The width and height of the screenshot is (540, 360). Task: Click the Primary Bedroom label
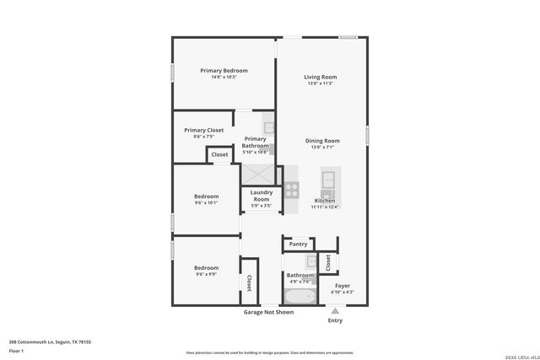[224, 70]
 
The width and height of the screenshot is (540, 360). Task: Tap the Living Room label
[321, 77]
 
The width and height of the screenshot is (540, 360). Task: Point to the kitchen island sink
[328, 179]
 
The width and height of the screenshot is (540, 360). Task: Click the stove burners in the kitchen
[291, 190]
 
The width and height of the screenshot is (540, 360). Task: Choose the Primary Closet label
[203, 130]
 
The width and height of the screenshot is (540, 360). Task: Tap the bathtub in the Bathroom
[299, 297]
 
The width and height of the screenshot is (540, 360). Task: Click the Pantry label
[298, 244]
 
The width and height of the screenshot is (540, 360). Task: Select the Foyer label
[343, 286]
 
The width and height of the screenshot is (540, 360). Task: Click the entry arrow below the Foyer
[335, 310]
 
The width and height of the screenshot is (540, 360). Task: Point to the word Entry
[335, 320]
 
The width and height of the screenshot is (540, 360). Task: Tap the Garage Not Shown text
[269, 312]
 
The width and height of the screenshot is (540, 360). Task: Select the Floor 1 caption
[17, 349]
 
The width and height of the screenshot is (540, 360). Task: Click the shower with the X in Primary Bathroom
[259, 174]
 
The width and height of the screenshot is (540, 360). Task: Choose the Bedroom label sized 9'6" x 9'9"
[207, 267]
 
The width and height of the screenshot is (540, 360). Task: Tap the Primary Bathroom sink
[268, 128]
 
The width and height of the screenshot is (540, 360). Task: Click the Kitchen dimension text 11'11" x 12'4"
[325, 207]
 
